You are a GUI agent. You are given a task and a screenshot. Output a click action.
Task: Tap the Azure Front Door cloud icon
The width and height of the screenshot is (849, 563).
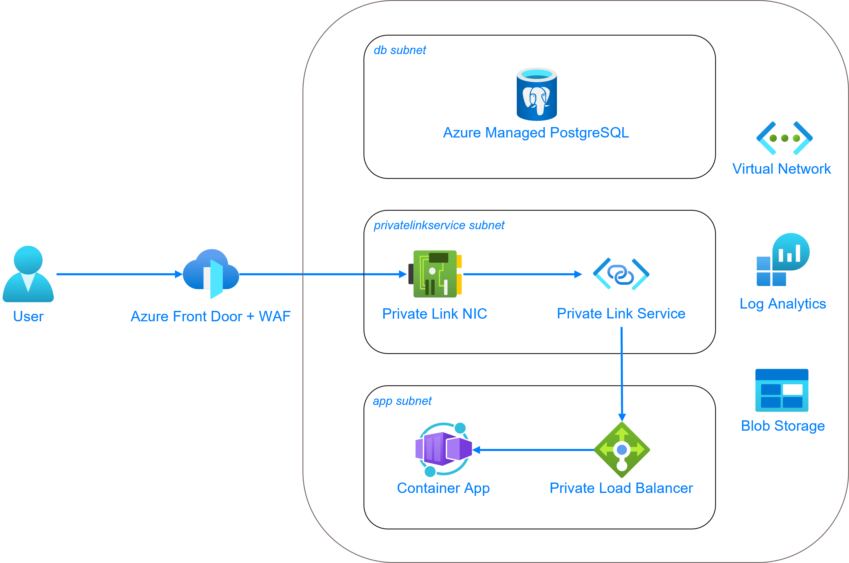211,274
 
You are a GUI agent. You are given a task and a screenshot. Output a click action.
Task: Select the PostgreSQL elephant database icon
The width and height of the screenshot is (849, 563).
537,94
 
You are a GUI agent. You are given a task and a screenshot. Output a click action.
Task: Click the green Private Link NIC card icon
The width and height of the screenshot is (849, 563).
435,274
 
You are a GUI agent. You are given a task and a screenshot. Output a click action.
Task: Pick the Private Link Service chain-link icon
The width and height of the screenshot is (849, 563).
621,274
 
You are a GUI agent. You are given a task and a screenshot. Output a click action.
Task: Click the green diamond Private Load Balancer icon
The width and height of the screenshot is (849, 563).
622,450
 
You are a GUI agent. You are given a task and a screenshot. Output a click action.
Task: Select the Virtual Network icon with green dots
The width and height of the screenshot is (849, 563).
785,138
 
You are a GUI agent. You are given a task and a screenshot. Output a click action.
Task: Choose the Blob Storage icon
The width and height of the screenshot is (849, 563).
782,390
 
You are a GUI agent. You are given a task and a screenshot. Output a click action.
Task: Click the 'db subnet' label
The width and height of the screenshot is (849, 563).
400,50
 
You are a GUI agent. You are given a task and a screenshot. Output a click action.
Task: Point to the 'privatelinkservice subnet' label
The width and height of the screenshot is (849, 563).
439,225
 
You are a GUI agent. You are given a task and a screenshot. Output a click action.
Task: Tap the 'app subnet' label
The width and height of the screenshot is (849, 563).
402,401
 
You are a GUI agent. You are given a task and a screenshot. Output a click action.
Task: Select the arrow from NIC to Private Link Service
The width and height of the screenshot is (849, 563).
520,274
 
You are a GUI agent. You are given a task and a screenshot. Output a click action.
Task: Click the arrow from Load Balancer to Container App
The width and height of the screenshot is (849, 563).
534,450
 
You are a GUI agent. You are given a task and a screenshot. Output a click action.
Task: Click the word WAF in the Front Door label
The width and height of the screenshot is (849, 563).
274,317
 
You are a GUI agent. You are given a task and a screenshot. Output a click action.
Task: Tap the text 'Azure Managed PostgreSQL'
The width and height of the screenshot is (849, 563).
536,133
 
